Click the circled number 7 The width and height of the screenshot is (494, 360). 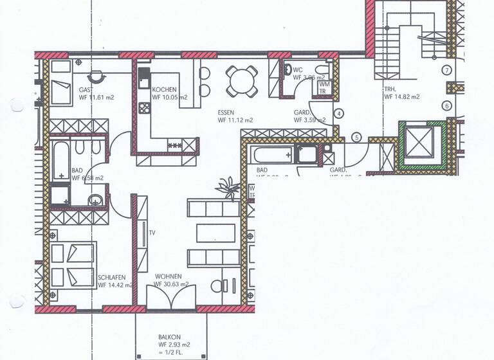[446, 70]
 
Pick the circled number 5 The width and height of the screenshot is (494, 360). [358, 138]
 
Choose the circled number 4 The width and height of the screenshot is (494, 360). [339, 114]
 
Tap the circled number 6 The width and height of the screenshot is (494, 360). [446, 105]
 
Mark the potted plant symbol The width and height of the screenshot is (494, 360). [227, 188]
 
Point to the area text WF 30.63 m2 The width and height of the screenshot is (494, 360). [171, 284]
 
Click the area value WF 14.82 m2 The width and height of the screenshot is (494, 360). [402, 97]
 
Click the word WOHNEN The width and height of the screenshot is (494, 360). [167, 276]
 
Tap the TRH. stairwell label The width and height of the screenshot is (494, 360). [392, 89]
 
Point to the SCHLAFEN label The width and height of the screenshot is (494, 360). [111, 277]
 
